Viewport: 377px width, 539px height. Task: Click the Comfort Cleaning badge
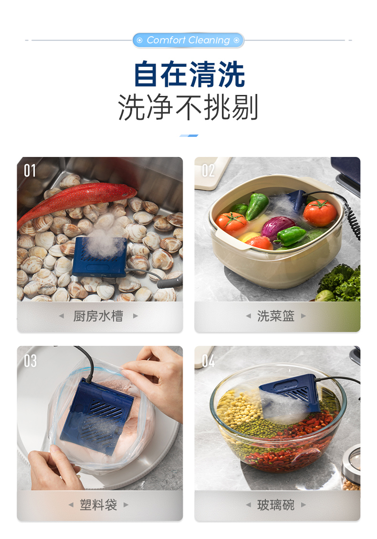(188, 40)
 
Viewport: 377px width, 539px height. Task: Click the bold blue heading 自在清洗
(189, 74)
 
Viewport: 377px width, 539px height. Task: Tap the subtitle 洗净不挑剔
(188, 107)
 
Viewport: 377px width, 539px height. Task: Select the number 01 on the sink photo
(30, 170)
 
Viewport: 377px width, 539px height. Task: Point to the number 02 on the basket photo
(208, 170)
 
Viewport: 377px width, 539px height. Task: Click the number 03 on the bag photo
(30, 361)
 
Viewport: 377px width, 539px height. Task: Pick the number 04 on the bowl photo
(208, 361)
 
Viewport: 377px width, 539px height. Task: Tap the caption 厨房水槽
(98, 316)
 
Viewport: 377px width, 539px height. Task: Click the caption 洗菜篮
(275, 316)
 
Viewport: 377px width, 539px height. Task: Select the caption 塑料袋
(98, 505)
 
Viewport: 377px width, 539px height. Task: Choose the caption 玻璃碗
(275, 505)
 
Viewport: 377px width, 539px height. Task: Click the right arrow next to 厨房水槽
(136, 316)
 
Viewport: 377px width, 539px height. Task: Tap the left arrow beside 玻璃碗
(248, 505)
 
